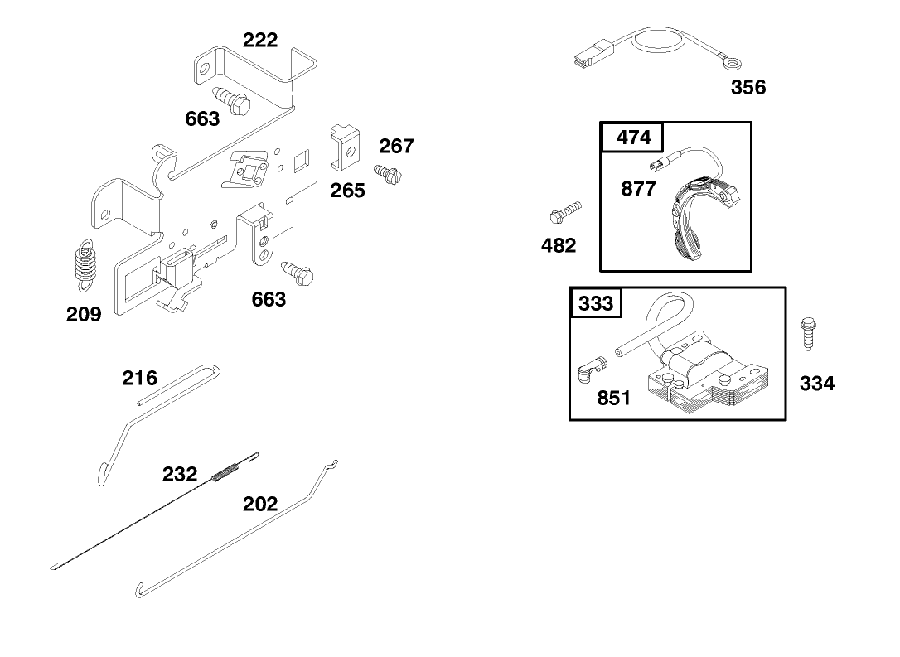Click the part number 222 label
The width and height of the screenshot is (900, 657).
tap(259, 40)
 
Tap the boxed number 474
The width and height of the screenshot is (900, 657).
tap(634, 137)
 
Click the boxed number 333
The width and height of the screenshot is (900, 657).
tap(596, 302)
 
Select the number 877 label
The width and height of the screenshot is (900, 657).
tap(638, 189)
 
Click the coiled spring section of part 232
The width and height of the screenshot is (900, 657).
tap(227, 473)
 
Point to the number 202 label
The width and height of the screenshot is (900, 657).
tap(259, 504)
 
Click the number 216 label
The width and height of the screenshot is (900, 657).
tap(139, 379)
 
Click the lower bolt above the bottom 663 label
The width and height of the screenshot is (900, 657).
tap(296, 272)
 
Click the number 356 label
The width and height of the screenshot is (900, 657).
tap(748, 88)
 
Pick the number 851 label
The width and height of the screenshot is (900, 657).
tap(613, 399)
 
